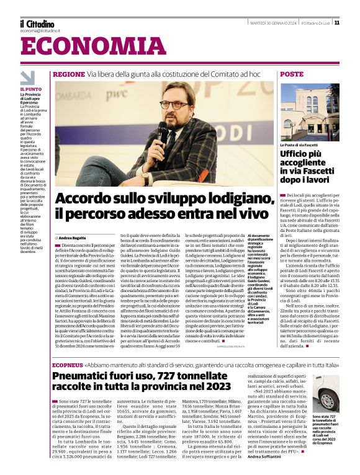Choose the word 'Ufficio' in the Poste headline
click(x=297, y=153)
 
